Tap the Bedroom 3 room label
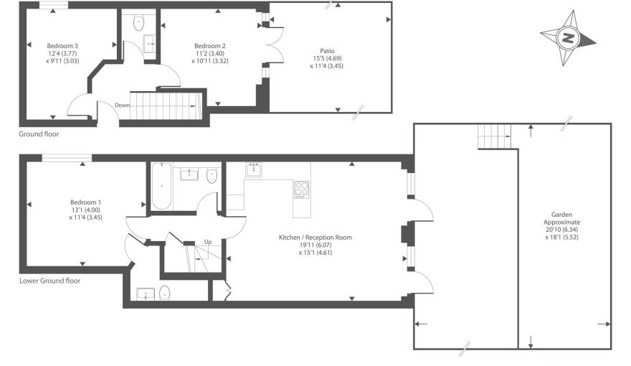[62, 46]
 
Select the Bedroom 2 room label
[210, 46]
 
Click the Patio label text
[328, 51]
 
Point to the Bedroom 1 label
[86, 202]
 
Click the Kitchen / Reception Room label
[315, 237]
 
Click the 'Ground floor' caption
[39, 134]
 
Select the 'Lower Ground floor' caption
[49, 281]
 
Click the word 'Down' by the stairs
[123, 105]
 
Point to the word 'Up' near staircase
[208, 241]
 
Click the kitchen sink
[254, 169]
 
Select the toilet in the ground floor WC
[138, 22]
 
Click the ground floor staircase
[166, 105]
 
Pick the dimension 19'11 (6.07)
[315, 245]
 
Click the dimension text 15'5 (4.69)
[328, 58]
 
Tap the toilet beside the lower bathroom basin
[212, 175]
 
